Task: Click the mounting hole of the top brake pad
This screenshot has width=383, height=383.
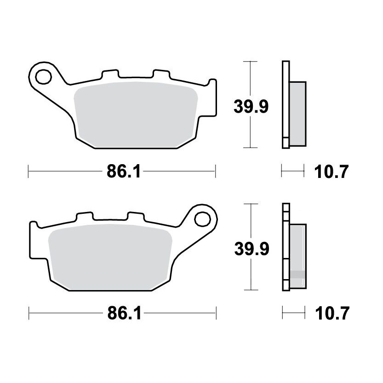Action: (43, 77)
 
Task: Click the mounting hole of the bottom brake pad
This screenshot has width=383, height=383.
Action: (202, 219)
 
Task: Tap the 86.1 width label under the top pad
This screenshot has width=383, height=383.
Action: (124, 171)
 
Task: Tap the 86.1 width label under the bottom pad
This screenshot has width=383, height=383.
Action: (124, 314)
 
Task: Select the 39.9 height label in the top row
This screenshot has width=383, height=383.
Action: (251, 107)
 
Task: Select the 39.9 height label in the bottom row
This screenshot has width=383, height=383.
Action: (252, 249)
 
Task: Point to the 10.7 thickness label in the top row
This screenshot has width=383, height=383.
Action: (331, 171)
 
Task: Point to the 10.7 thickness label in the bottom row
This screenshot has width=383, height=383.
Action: (332, 314)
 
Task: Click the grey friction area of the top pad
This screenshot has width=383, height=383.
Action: (136, 115)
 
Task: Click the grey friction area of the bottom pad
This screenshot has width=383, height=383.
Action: (110, 257)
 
